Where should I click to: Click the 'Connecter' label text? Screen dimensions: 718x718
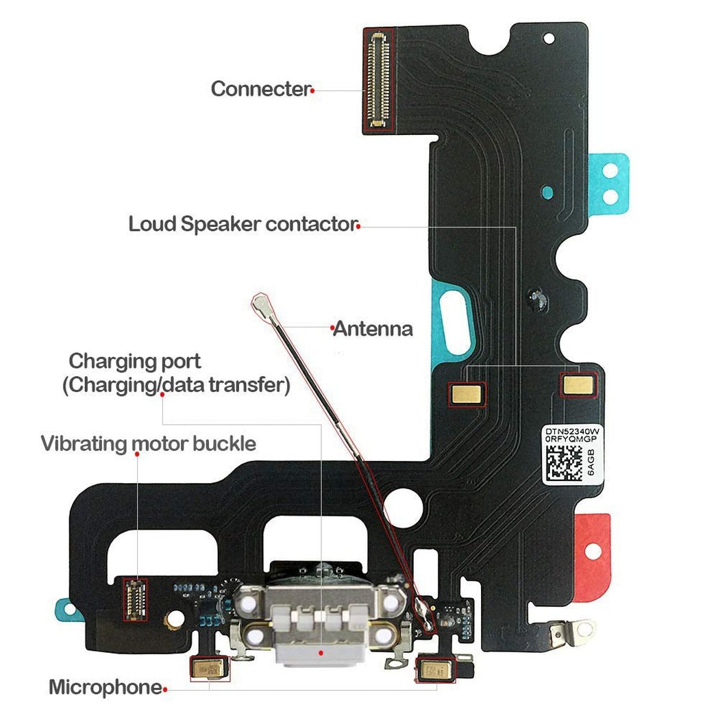coord(260,89)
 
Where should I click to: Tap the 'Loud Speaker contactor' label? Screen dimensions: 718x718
coord(243,224)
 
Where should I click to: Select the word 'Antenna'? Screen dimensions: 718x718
coord(373,329)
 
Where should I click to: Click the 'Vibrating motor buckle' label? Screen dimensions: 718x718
coord(148,443)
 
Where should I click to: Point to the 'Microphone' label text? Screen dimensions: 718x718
coord(104,687)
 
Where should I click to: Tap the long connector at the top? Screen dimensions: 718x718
coord(379,79)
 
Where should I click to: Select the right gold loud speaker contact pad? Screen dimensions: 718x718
coord(578,384)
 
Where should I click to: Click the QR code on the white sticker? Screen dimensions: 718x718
coord(564,463)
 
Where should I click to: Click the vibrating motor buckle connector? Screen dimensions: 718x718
coord(135,599)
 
